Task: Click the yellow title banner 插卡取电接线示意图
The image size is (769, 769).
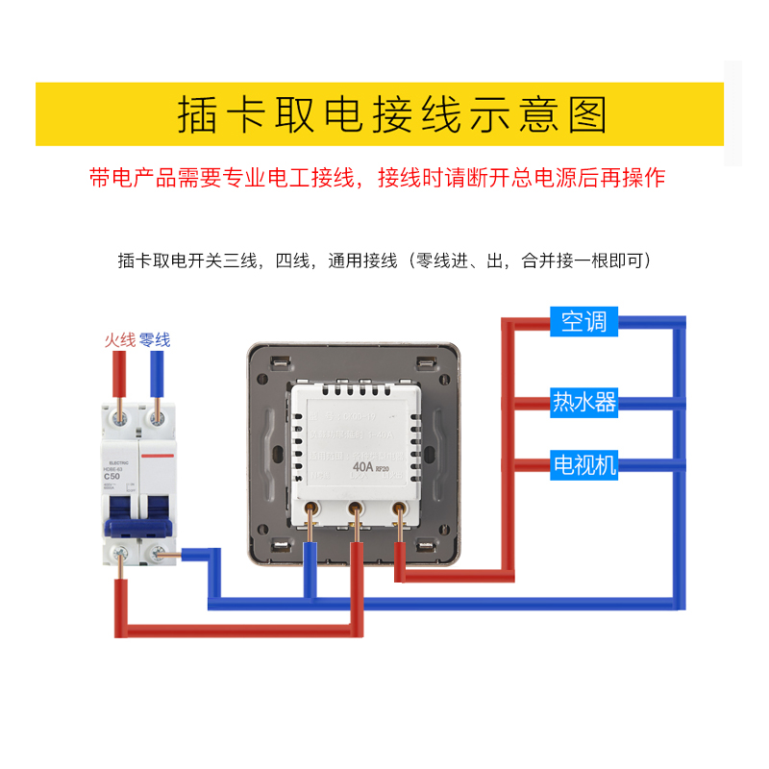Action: coord(379,114)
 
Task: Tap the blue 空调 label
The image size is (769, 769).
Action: coord(583,322)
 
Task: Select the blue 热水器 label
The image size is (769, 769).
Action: coord(583,401)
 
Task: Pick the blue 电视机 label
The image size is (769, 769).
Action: coord(583,465)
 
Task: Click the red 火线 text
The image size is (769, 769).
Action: coord(120,340)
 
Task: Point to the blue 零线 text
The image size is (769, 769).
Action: coord(155,340)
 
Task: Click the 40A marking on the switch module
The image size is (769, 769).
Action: coord(362,468)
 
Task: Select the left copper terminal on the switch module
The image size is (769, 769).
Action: coord(312,510)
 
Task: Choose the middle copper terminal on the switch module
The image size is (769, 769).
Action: coord(356,510)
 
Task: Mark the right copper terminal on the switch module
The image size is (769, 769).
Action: coord(400,510)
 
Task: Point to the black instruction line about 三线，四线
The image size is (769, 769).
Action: coord(384,260)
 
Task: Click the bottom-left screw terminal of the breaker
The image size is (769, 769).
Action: coord(120,554)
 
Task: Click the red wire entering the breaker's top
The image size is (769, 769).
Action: coord(120,377)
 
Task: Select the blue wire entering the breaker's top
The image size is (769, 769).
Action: coord(155,377)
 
